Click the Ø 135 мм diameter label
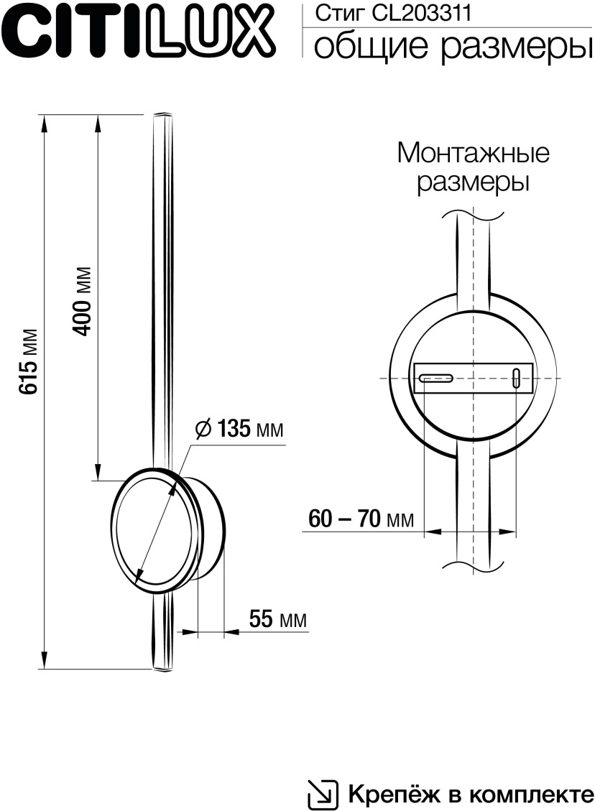click(240, 430)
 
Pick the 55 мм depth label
click(277, 618)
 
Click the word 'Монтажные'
click(473, 152)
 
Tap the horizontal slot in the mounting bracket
click(435, 377)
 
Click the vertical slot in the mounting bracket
click(516, 378)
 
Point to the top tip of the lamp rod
click(163, 114)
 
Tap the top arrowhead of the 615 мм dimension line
click(45, 123)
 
